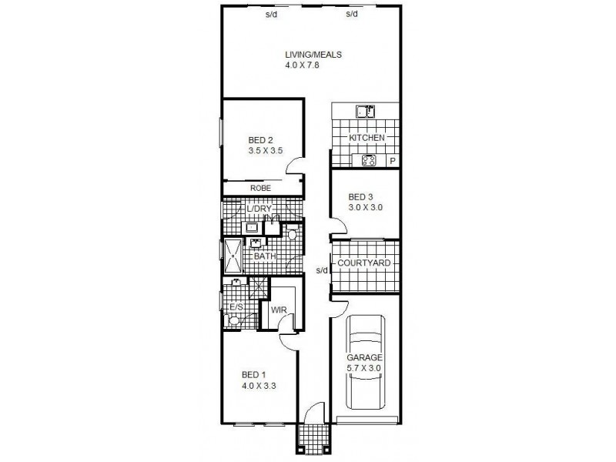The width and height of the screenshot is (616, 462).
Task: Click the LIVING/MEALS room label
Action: pyautogui.click(x=313, y=55)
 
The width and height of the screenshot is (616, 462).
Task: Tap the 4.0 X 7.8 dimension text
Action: pyautogui.click(x=302, y=66)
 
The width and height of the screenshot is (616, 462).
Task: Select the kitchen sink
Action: pyautogui.click(x=365, y=112)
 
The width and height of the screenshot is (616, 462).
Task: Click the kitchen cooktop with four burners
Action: pyautogui.click(x=367, y=161)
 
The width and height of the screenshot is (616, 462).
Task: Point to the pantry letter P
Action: pyautogui.click(x=392, y=161)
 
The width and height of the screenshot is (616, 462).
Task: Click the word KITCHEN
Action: pyautogui.click(x=367, y=138)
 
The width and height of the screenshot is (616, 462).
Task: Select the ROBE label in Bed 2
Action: pyautogui.click(x=259, y=188)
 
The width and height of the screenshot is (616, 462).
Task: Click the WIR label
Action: pyautogui.click(x=279, y=311)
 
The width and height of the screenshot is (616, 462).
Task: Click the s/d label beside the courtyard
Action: pyautogui.click(x=323, y=270)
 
